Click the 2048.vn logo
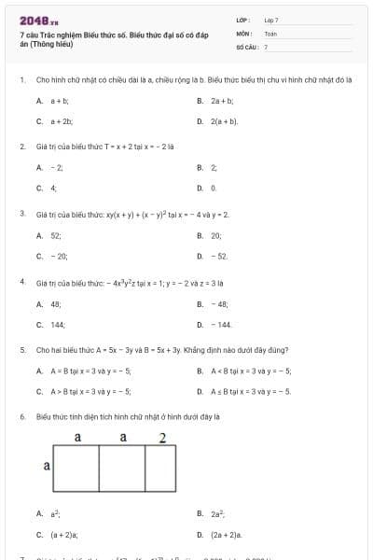click(38, 20)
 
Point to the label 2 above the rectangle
click(162, 438)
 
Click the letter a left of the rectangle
click(47, 464)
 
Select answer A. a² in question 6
click(55, 513)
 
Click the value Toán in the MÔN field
click(270, 33)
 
